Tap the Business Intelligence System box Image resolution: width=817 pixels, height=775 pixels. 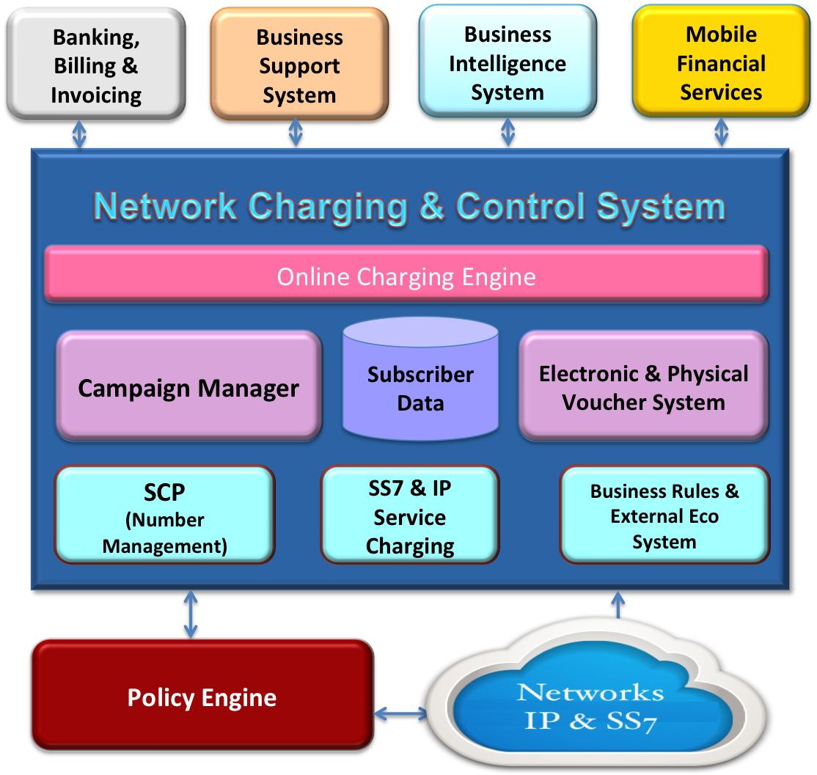point(508,63)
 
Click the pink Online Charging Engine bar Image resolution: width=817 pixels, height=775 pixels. point(406,276)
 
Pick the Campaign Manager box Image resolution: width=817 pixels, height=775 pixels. point(188,387)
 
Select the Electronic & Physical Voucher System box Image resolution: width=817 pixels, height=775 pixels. point(643,387)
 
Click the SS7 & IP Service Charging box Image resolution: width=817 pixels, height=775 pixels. point(410,516)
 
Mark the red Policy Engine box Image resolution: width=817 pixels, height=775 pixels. point(202,697)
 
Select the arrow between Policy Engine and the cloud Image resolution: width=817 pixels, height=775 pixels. point(400,713)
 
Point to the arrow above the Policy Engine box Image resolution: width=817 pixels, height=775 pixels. point(191,614)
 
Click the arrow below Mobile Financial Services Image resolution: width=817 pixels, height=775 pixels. point(722,133)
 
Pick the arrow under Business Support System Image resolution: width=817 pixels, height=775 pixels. point(296,133)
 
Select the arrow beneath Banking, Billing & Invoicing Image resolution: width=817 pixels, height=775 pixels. point(79,134)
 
